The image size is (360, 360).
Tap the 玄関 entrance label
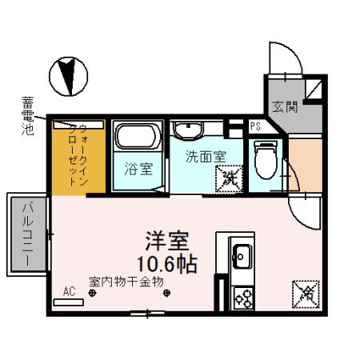click(x=284, y=106)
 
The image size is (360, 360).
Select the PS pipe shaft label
click(x=255, y=126)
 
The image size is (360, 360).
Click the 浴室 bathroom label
click(x=138, y=170)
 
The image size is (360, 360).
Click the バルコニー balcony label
click(x=26, y=232)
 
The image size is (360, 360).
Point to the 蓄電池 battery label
click(x=28, y=114)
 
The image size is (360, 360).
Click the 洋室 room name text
click(x=166, y=241)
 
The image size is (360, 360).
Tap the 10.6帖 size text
click(x=166, y=262)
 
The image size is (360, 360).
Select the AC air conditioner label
click(x=70, y=292)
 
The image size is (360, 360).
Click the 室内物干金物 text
click(x=126, y=281)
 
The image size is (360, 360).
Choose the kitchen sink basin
click(x=241, y=258)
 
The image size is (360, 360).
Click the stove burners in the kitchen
click(x=242, y=298)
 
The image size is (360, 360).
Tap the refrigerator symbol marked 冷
click(x=305, y=293)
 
